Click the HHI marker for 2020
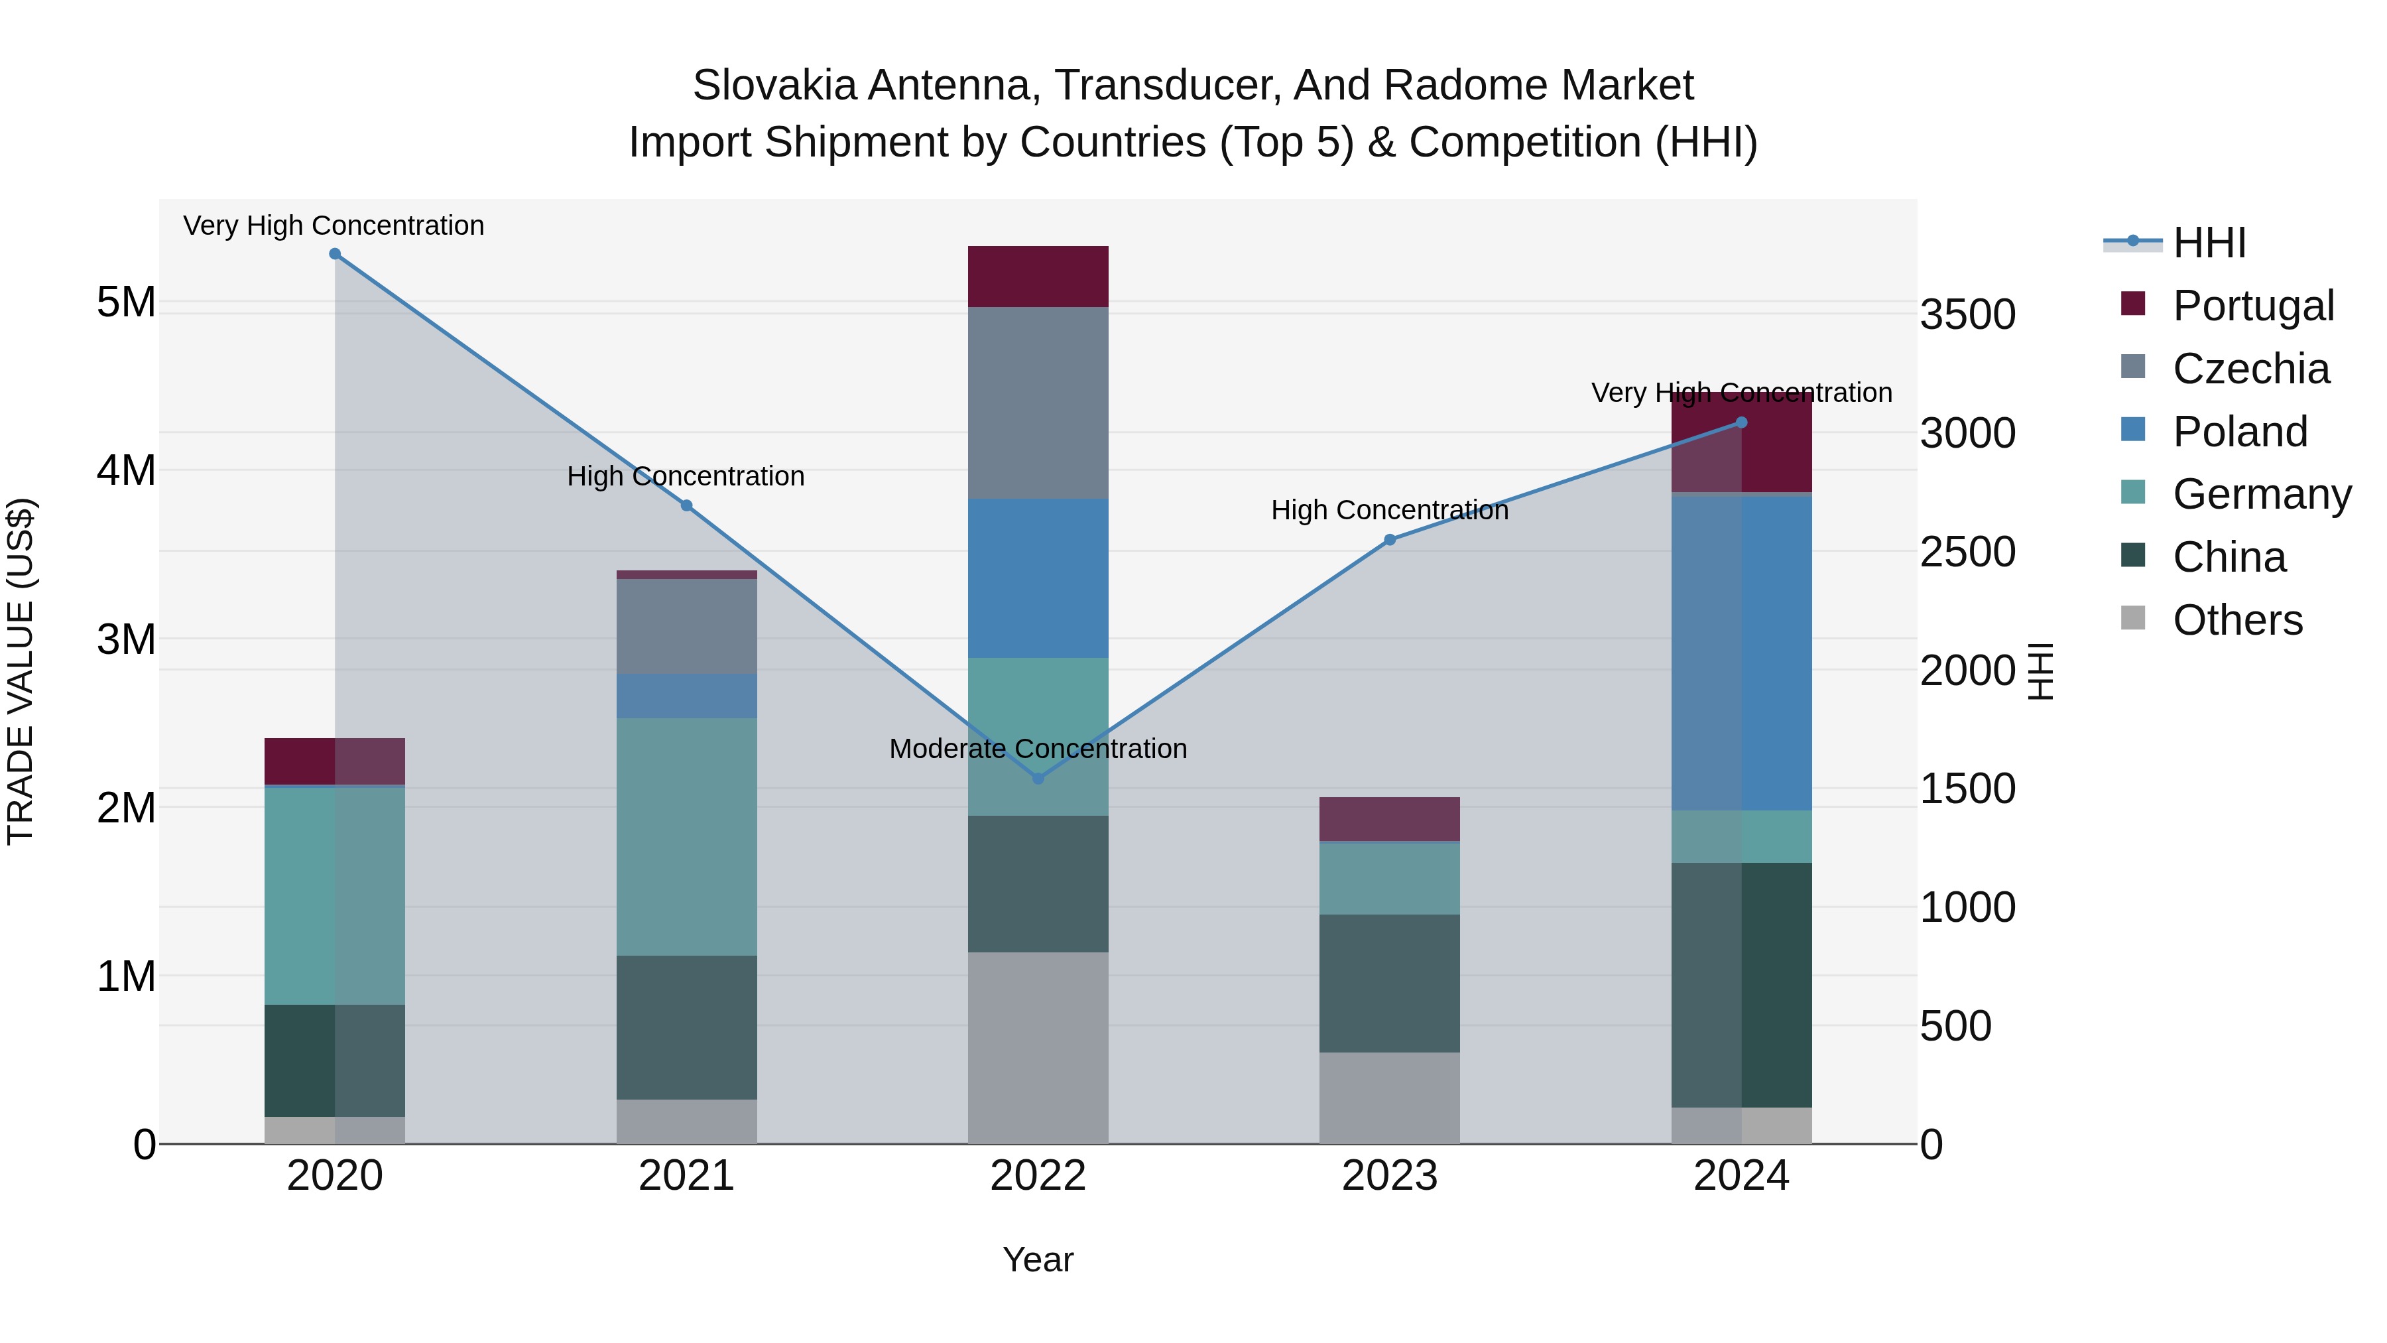coord(335,254)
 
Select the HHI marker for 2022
coord(1038,779)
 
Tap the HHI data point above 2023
coord(1389,539)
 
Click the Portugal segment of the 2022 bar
coord(1038,276)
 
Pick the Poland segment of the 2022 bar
coord(1038,578)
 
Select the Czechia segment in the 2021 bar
coord(687,627)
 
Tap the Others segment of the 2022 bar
coord(1038,1047)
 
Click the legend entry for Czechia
coord(2250,369)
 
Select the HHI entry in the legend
coord(2209,243)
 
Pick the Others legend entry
coord(2237,620)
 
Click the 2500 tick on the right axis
coord(1967,552)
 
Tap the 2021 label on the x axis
coord(687,1176)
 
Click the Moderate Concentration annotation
coord(1038,748)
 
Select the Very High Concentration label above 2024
coord(1741,393)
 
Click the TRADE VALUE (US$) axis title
coord(21,671)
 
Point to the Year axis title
coord(1038,1259)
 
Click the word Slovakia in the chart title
coord(774,86)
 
